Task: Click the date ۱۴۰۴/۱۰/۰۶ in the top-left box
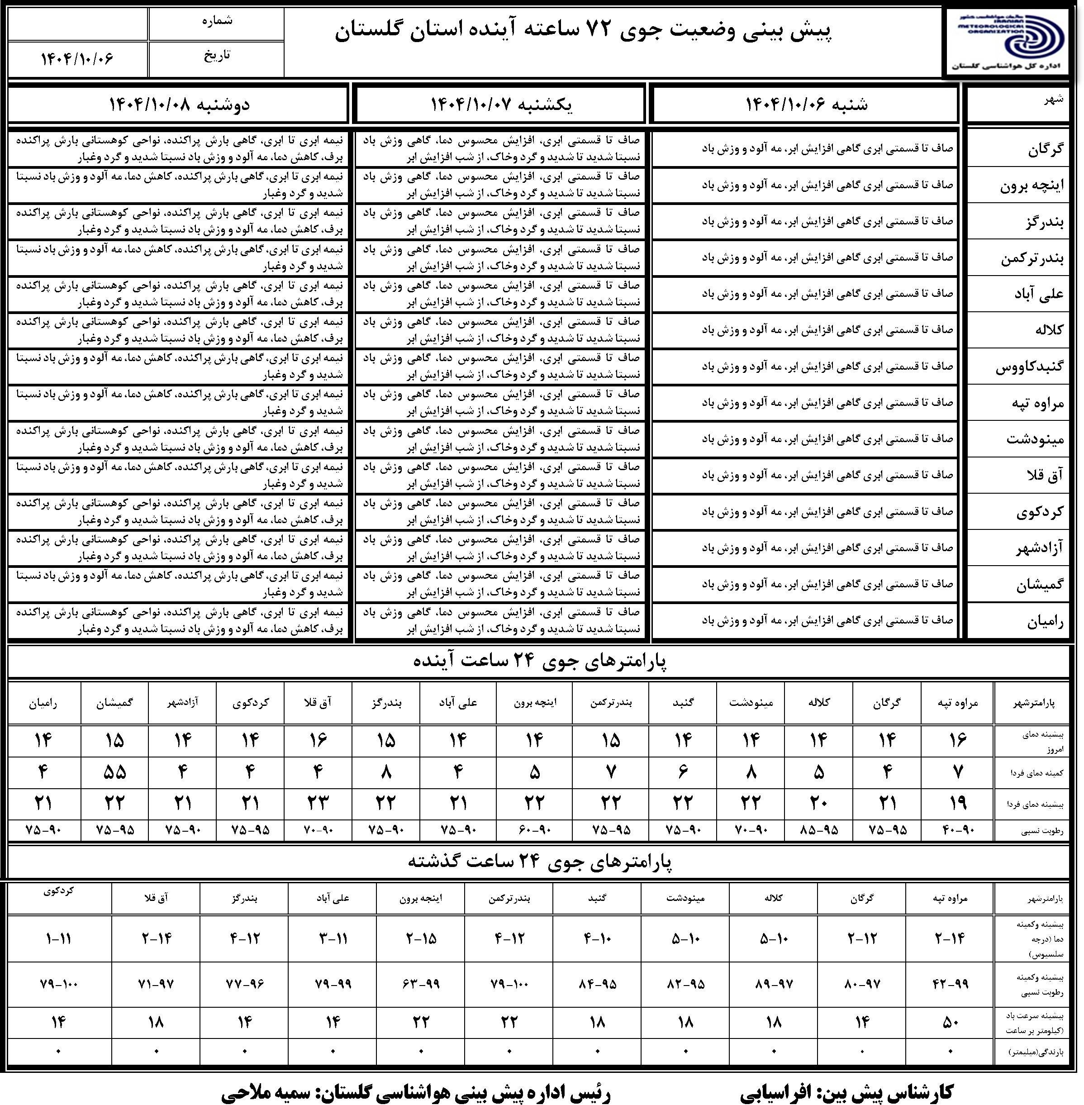(x=77, y=59)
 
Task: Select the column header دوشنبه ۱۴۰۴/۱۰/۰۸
(x=179, y=104)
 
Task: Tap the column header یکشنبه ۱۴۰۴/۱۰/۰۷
(x=501, y=104)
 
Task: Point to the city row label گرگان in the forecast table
(x=1045, y=149)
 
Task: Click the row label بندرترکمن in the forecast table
(x=1032, y=258)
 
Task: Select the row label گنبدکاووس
(x=1029, y=367)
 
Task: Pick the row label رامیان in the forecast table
(x=1045, y=622)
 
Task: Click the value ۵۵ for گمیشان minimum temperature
(x=114, y=772)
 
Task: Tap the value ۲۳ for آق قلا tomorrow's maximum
(x=318, y=803)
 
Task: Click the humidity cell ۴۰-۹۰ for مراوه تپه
(x=958, y=830)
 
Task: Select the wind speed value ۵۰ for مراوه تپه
(x=951, y=1022)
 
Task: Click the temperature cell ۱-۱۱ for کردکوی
(x=59, y=938)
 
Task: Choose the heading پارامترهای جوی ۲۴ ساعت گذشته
(x=540, y=862)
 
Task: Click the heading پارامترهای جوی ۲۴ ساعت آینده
(x=540, y=661)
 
